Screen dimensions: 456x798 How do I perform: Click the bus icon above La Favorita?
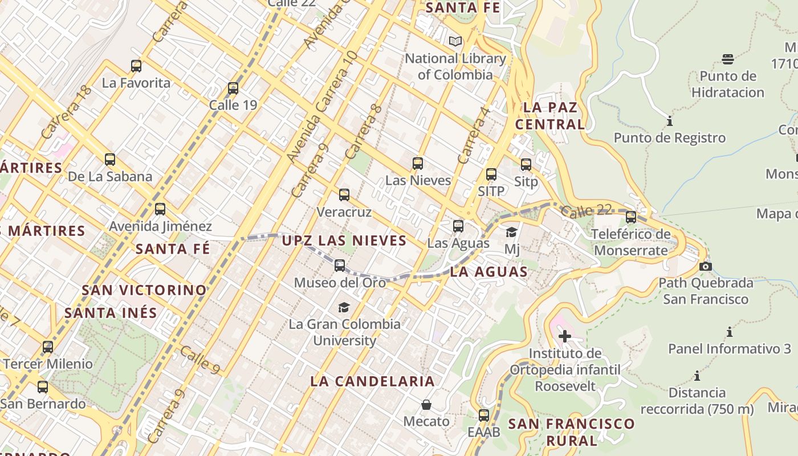point(136,66)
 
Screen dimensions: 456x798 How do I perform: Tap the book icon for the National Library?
point(455,41)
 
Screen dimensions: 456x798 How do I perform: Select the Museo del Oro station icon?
point(340,266)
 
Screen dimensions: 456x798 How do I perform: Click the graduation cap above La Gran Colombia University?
point(344,308)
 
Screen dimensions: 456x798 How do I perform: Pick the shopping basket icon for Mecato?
point(426,405)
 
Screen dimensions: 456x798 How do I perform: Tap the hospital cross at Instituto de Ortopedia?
point(564,336)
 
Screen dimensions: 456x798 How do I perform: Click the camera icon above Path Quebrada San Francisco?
point(705,266)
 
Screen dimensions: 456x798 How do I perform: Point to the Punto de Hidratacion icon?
point(727,59)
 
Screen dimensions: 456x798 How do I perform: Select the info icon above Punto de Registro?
point(669,121)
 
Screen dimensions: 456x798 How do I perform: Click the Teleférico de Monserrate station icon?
point(631,217)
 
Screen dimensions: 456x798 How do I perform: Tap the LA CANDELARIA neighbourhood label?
point(373,381)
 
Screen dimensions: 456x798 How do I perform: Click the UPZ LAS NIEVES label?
point(344,241)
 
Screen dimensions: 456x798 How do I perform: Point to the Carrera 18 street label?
point(66,112)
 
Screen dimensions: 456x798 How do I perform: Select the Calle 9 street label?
point(200,360)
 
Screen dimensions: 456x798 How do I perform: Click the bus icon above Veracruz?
point(344,195)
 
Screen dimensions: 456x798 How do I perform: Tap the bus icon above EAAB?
point(484,416)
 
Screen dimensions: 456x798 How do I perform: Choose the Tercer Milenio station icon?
point(48,347)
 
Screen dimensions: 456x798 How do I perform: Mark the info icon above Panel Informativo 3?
point(729,332)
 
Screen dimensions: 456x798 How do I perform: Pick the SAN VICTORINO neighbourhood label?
point(144,290)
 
